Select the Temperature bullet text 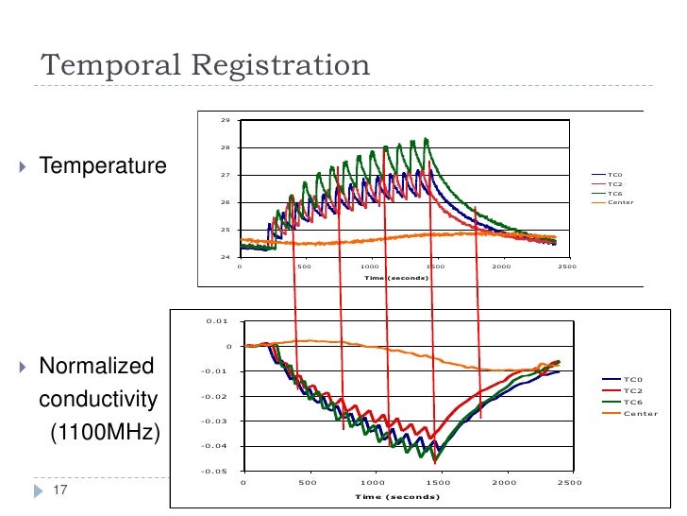click(102, 167)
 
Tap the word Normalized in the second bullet click(95, 366)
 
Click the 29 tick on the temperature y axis click(226, 121)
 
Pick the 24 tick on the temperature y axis click(226, 257)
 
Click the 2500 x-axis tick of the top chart click(566, 267)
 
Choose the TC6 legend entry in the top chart click(614, 194)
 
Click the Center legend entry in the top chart click(620, 202)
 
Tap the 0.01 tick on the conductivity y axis click(218, 321)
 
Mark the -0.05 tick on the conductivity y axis click(216, 471)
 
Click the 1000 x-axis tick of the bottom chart click(375, 483)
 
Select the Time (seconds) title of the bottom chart click(397, 496)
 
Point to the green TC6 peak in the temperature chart click(427, 140)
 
